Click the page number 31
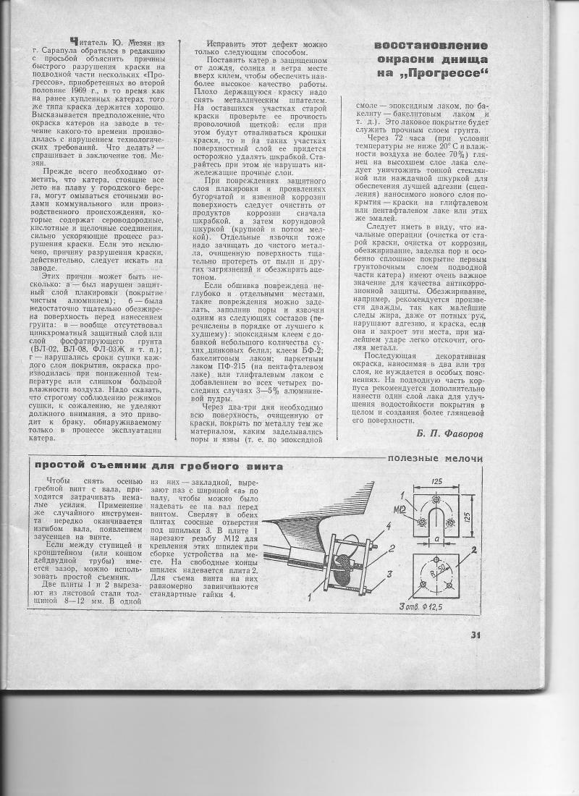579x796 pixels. coord(476,636)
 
